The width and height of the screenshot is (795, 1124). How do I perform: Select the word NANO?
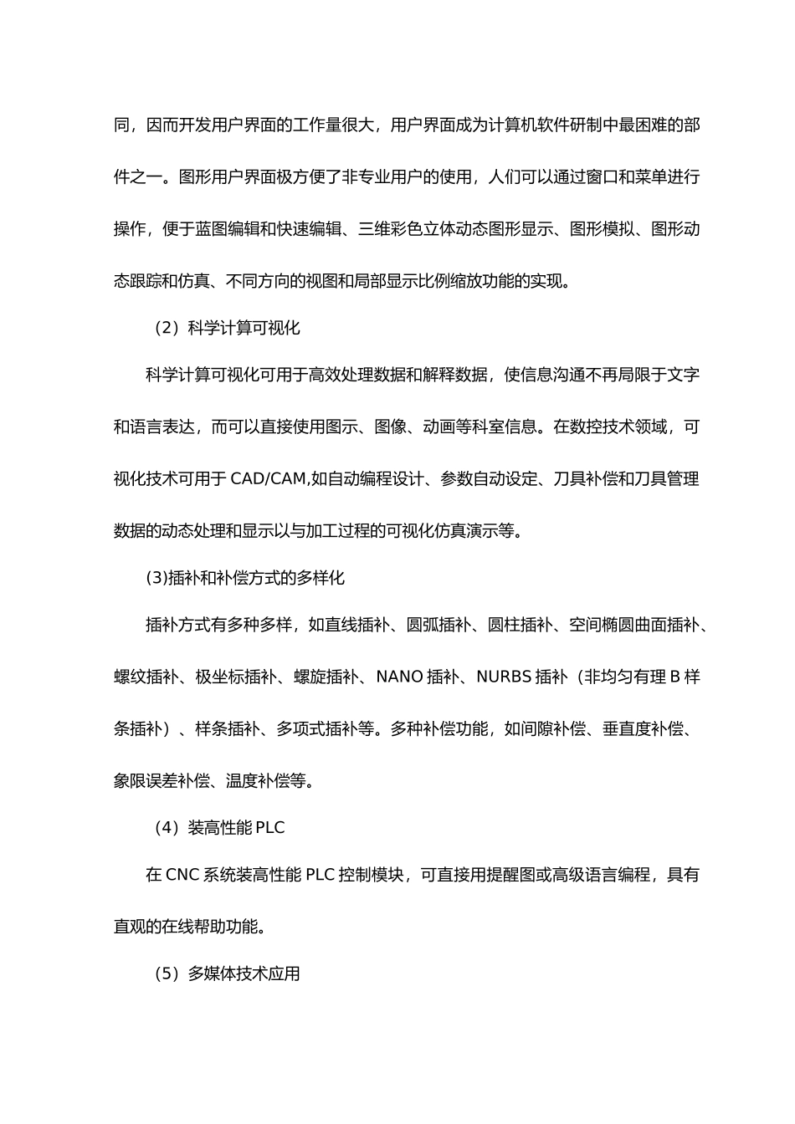pos(399,677)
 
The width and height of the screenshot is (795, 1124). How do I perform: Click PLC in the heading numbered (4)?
pos(270,828)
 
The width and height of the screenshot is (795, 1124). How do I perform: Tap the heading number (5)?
pos(167,973)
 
